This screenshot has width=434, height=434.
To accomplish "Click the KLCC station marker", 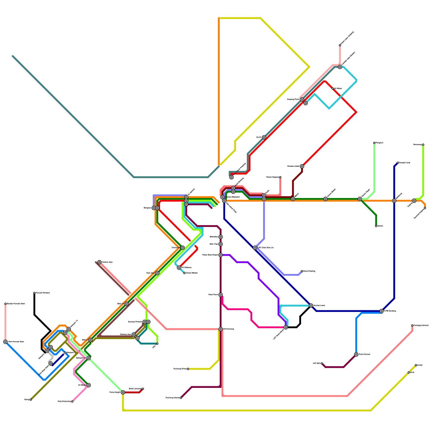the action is click(x=264, y=138).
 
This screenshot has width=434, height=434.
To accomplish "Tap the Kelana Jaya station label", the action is click(x=107, y=262).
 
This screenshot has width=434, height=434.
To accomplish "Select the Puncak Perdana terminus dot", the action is click(x=34, y=293).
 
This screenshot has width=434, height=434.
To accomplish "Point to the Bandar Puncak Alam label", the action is click(x=16, y=304).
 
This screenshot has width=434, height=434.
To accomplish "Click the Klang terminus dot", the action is click(x=31, y=400).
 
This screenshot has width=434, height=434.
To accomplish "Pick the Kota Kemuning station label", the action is click(x=64, y=401).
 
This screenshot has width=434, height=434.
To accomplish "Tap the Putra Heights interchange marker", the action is click(x=123, y=392).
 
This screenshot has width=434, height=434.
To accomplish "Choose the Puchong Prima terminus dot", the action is click(x=188, y=369).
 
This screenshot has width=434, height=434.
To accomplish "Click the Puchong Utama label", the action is click(x=173, y=398).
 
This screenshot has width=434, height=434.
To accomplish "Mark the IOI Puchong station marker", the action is click(x=221, y=329).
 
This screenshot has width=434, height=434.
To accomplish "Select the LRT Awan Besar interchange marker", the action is click(x=286, y=327).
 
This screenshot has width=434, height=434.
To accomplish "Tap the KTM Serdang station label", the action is click(x=390, y=311).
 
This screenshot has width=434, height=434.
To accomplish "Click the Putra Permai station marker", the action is click(x=356, y=355).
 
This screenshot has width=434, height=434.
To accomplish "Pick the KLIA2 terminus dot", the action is click(x=416, y=365).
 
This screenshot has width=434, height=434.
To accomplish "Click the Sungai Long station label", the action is click(x=404, y=163).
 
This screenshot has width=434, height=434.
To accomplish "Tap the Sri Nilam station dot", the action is click(x=333, y=89).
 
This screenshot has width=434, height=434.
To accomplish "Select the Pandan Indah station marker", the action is click(x=302, y=166).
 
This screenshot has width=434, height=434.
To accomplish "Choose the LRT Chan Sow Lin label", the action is click(x=266, y=248).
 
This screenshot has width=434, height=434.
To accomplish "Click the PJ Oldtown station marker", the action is click(x=179, y=268).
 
